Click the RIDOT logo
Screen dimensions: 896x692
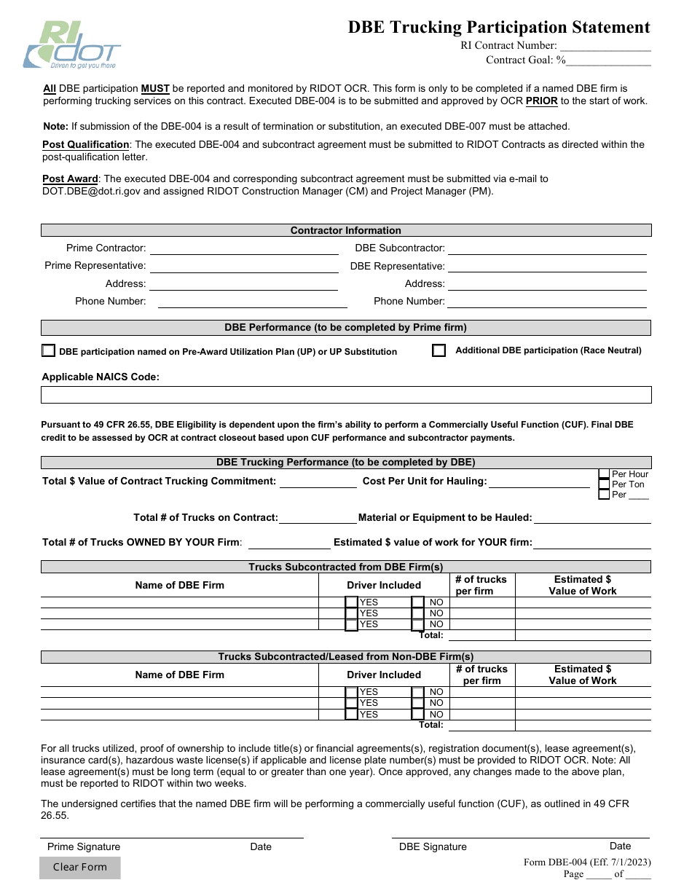(x=71, y=45)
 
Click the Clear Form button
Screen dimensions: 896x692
(x=80, y=867)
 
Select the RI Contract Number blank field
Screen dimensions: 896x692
(x=605, y=46)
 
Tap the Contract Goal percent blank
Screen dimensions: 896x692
(x=610, y=60)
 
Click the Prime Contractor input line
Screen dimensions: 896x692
(x=243, y=248)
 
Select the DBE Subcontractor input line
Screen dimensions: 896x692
(x=546, y=248)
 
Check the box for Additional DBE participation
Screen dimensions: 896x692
(x=439, y=350)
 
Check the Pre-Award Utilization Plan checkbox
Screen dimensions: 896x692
(x=48, y=350)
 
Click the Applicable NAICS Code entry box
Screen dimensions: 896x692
(x=346, y=395)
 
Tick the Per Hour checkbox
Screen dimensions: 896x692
(x=604, y=474)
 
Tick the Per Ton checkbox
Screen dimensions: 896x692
(x=604, y=484)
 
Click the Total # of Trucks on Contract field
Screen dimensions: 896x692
(x=318, y=518)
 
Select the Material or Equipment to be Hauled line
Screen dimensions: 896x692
(x=591, y=518)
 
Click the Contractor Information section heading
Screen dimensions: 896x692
(x=346, y=230)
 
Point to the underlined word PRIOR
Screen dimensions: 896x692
(x=541, y=101)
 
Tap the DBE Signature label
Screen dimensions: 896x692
(x=433, y=846)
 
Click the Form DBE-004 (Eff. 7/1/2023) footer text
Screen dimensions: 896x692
(x=587, y=862)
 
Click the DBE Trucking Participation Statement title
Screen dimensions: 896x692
(x=499, y=28)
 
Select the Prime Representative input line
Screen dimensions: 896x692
(x=243, y=266)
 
